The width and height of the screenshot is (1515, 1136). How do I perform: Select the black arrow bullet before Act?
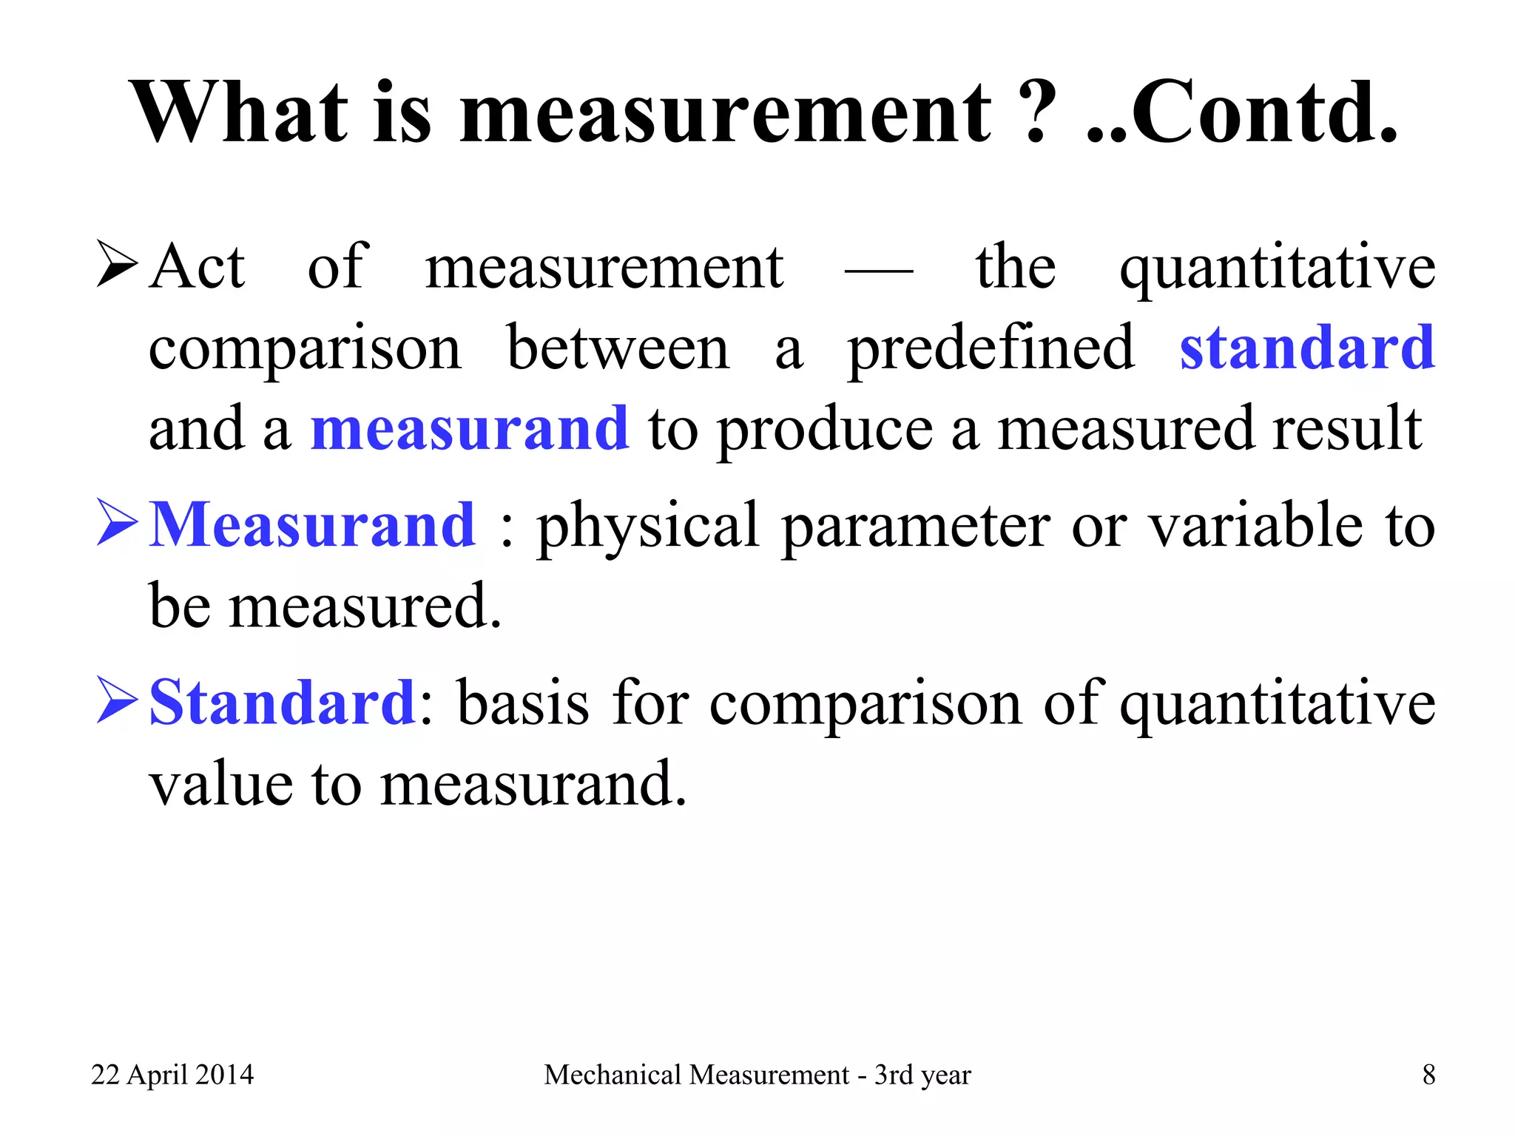pos(117,266)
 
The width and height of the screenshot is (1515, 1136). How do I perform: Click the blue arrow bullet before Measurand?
pos(117,524)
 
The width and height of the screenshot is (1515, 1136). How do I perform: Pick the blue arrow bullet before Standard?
pos(117,701)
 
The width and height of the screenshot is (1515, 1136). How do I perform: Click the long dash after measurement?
pos(878,271)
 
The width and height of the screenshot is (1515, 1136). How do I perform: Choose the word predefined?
pos(991,349)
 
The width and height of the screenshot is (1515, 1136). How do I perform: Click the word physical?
pos(648,527)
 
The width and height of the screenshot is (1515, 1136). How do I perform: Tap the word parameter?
pos(916,527)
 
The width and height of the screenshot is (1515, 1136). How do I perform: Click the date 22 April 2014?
pos(172,1075)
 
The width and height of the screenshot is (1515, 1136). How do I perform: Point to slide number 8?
pos(1428,1075)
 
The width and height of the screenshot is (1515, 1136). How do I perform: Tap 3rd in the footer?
pos(893,1075)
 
